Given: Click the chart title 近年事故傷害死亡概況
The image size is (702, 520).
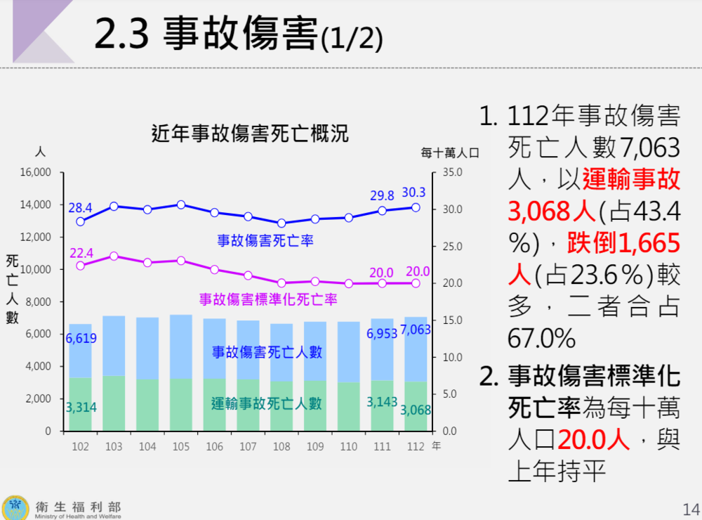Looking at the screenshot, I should point(250,133).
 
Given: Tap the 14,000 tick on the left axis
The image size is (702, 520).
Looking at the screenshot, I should point(34,204).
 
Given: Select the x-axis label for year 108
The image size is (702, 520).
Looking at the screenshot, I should point(282,447).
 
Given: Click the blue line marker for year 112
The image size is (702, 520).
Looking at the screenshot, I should point(416,207).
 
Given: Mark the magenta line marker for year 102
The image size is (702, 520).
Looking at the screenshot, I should point(81,266).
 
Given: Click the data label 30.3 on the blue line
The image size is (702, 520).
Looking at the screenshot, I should point(415,192).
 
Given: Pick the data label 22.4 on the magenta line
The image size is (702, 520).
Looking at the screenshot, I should point(81,253).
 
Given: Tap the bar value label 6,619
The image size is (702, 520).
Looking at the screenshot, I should point(81,339).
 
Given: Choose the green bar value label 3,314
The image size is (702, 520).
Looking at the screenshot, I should point(81,407).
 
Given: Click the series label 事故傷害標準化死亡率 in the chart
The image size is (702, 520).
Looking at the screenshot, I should point(268,299).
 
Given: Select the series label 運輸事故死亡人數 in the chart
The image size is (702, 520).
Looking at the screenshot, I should point(267,403).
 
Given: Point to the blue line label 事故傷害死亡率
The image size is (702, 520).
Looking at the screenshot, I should point(265,240).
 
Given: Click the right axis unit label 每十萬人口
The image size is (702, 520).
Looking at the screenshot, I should point(449,152).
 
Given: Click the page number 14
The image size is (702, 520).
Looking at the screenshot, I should point(690,508).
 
